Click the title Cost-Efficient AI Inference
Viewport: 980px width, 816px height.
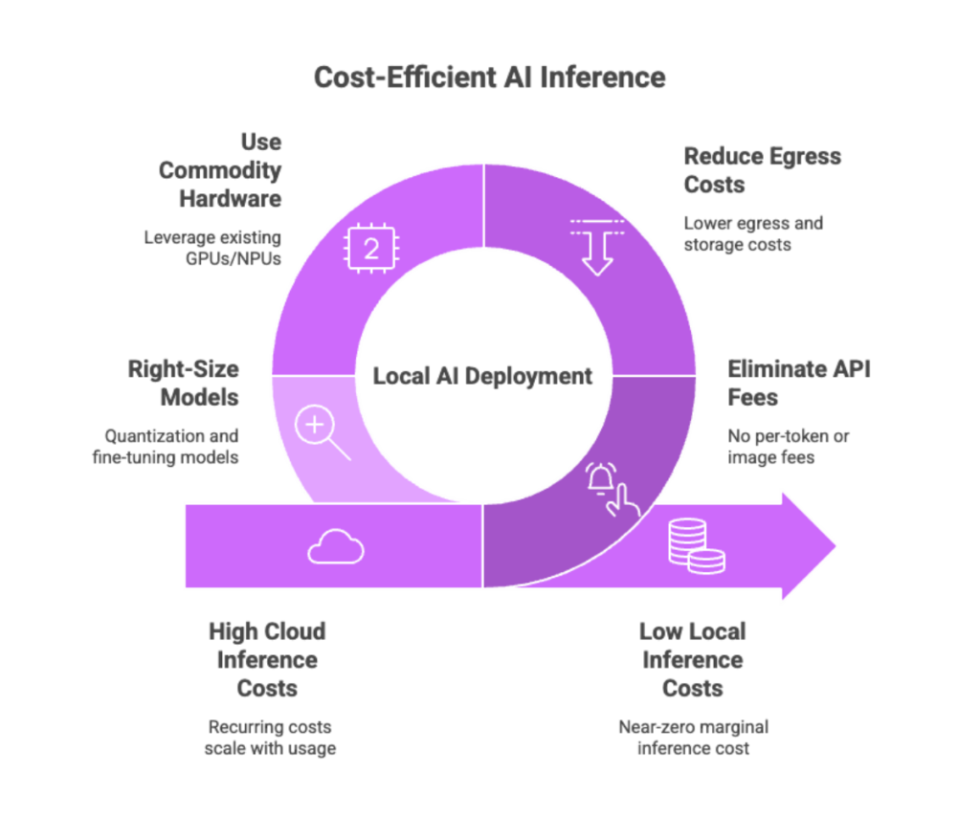489,77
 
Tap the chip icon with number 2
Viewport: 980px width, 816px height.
369,250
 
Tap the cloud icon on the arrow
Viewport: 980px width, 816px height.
336,547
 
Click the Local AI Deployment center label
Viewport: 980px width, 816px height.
482,376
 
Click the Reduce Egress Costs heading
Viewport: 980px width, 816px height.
763,170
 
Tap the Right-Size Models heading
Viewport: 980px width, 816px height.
184,384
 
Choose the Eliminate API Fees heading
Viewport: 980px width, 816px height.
799,383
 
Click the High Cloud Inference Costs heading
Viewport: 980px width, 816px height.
267,659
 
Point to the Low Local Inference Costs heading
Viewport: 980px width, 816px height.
692,659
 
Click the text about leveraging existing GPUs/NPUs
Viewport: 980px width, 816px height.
213,246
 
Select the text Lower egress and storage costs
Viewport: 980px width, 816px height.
754,234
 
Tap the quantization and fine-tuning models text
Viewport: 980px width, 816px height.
172,446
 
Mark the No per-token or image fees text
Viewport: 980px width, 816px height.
790,446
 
